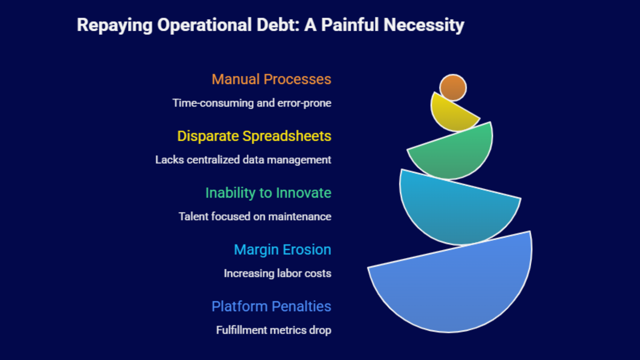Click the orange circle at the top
point(453,88)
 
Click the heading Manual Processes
point(271,79)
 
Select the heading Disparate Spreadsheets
point(254,136)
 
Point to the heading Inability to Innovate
point(268,193)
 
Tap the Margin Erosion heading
point(282,250)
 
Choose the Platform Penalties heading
point(271,306)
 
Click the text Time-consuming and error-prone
point(252,103)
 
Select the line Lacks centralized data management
point(243,160)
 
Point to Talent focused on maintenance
point(255,216)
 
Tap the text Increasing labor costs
point(277,273)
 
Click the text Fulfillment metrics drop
point(274,330)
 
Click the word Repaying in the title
point(114,26)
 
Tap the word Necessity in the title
point(424,26)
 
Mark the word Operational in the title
point(204,26)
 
